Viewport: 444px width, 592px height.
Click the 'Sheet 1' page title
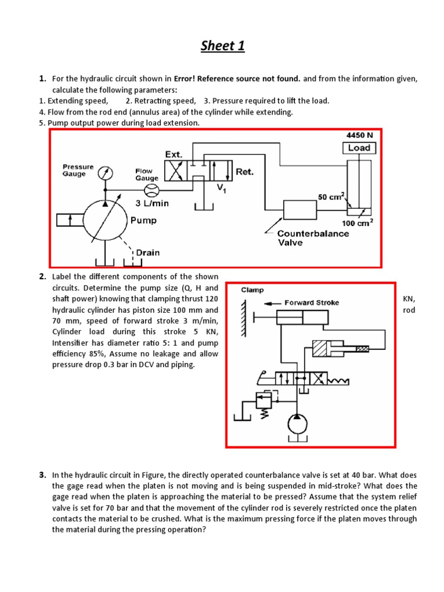[223, 46]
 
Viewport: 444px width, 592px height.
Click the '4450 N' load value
[360, 135]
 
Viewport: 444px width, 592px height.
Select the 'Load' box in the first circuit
[359, 148]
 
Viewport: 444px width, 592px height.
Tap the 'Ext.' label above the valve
[173, 154]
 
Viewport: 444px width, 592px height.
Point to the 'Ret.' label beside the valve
[245, 172]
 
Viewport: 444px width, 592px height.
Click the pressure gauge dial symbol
[105, 173]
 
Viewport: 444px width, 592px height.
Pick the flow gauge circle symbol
[151, 191]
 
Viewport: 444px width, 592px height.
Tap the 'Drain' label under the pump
[147, 252]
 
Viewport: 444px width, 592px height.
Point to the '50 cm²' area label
[330, 197]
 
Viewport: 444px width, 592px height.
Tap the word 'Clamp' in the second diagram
[253, 290]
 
